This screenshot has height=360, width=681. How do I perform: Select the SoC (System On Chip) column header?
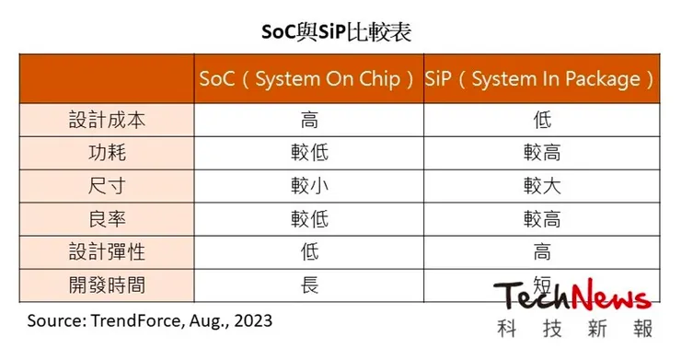coord(308,79)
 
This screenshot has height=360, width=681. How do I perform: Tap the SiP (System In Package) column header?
coord(542,79)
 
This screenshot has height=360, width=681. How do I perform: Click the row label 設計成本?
coord(107,121)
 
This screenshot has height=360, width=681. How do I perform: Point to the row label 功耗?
coord(107,153)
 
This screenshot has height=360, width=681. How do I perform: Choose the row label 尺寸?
coord(107,186)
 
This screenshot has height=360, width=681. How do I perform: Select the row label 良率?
coord(107,218)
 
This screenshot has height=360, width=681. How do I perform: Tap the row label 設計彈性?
coord(107,251)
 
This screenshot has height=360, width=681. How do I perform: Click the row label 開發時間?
coord(107,284)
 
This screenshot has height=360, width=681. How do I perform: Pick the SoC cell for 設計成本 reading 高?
coord(309,121)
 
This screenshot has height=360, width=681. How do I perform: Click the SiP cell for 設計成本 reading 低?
coord(542,121)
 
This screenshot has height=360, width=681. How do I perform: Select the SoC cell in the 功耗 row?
coord(309,153)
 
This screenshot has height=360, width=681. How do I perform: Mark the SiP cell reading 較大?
coord(542,186)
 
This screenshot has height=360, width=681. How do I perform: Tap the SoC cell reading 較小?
coord(309,186)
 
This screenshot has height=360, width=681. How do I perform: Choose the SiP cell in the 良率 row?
coord(542,218)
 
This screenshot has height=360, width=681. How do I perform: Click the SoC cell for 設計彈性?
coord(309,251)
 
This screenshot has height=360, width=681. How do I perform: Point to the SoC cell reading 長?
coord(309,284)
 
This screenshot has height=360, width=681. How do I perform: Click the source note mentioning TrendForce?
coord(150,321)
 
